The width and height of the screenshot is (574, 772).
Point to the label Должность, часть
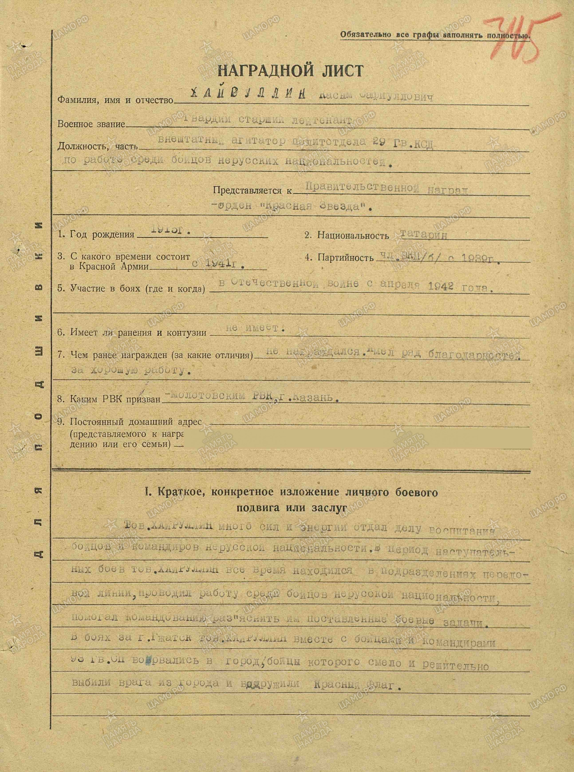[97, 146]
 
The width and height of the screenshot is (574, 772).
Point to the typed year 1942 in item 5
[441, 286]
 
